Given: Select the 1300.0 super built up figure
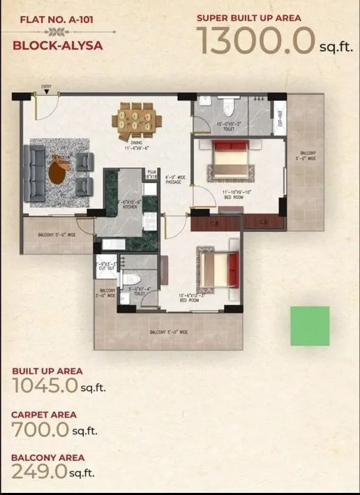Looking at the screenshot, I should pyautogui.click(x=255, y=40).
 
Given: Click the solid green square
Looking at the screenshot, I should pyautogui.click(x=310, y=326).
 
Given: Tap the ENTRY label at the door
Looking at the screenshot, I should pyautogui.click(x=46, y=87).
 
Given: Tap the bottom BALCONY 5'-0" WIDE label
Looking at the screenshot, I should pyautogui.click(x=168, y=332).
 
